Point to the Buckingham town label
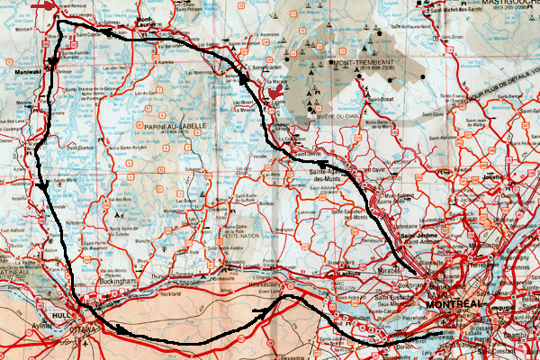click(116, 280)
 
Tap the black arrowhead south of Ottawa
click(122, 329)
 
